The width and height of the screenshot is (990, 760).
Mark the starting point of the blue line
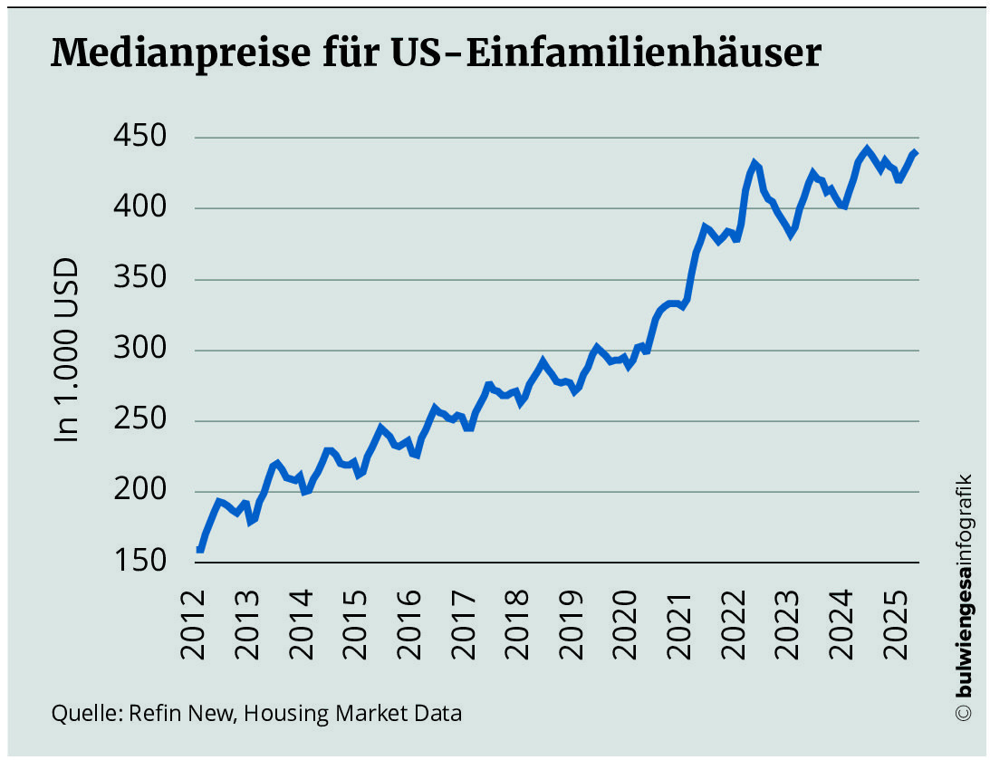pyautogui.click(x=199, y=549)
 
